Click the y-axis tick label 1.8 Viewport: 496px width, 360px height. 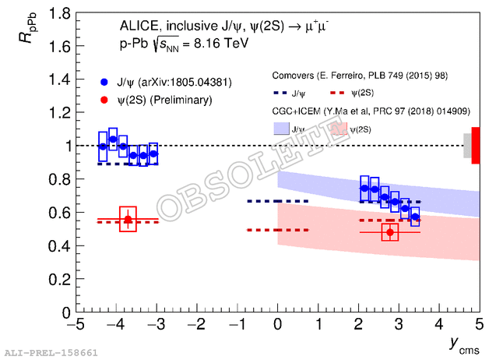click(55, 13)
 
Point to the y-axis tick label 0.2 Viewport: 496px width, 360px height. click(55, 279)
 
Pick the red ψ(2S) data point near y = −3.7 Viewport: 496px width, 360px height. click(128, 220)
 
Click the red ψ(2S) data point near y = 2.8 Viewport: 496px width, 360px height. click(390, 231)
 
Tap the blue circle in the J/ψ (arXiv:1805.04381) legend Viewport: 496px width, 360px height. click(104, 81)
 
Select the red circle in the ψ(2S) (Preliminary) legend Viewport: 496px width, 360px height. click(104, 100)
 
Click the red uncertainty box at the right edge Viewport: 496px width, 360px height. click(475, 145)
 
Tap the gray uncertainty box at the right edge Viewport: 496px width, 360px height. click(467, 145)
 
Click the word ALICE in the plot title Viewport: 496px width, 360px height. click(141, 28)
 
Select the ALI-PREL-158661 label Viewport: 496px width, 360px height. click(51, 353)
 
